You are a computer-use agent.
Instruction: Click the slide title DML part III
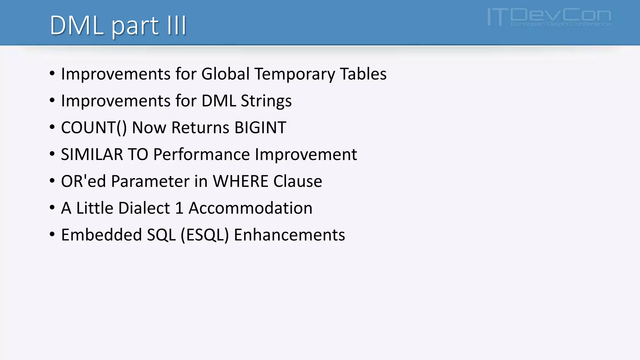118,25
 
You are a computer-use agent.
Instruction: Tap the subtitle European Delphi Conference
561,24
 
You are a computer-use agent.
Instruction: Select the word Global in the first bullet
225,74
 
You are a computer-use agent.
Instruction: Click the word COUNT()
94,128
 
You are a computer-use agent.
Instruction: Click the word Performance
202,154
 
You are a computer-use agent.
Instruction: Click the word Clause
297,181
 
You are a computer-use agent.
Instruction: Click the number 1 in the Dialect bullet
179,208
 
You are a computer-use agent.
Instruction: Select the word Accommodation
250,208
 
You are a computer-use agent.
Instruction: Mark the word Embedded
101,235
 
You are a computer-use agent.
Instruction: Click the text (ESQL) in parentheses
205,235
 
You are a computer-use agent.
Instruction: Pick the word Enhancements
289,235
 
